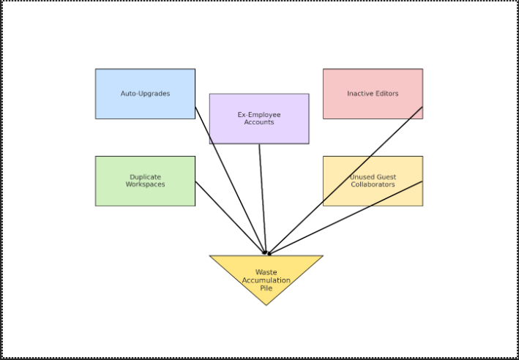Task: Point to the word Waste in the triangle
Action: point(266,272)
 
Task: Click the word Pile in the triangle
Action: point(266,288)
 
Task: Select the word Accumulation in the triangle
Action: point(266,280)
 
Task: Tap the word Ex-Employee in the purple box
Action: point(259,115)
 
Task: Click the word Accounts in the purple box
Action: point(259,122)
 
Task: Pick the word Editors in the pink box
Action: point(386,94)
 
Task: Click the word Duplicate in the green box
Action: point(145,177)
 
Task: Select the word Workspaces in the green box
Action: point(145,184)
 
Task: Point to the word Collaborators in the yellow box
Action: point(373,184)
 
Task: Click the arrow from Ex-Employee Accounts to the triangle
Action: point(262,198)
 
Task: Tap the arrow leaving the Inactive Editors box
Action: point(344,181)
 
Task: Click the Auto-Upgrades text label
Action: point(145,94)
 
